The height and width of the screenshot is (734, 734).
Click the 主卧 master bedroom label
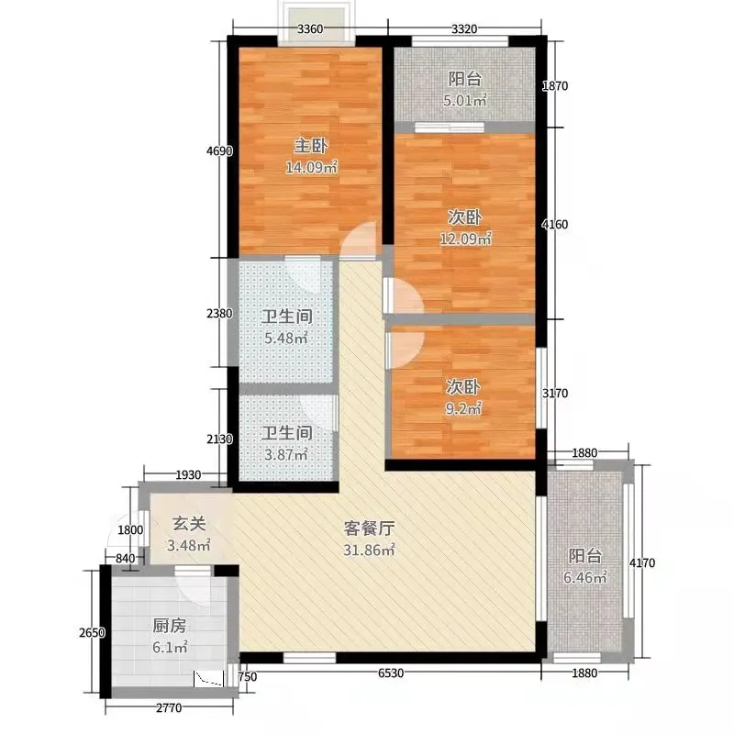click(x=310, y=146)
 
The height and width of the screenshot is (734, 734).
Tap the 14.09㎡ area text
click(x=311, y=167)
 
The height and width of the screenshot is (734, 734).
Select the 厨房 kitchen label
click(x=170, y=626)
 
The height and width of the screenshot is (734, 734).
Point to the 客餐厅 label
click(x=369, y=528)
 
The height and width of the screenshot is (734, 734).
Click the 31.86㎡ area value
click(x=369, y=550)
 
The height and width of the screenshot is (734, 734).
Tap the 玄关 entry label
click(x=189, y=524)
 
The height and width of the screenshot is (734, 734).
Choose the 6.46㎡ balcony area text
click(x=585, y=577)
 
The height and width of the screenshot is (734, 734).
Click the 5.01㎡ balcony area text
click(x=465, y=100)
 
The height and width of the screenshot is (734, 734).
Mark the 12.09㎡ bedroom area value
click(x=465, y=239)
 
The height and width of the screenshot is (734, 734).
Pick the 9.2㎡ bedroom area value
click(x=463, y=408)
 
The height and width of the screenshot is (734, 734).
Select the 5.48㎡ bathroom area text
click(x=286, y=338)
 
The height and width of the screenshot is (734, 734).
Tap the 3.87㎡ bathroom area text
click(x=286, y=454)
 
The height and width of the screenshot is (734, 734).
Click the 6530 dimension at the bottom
click(x=391, y=673)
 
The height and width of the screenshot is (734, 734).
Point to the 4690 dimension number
click(x=219, y=151)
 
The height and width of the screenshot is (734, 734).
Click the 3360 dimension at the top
click(x=310, y=29)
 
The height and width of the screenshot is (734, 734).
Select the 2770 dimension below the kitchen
click(x=169, y=708)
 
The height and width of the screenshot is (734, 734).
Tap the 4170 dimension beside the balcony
click(x=641, y=562)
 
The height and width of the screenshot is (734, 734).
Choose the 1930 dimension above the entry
click(x=188, y=475)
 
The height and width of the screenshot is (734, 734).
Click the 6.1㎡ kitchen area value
click(x=170, y=648)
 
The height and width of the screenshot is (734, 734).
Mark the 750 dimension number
click(x=248, y=677)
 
